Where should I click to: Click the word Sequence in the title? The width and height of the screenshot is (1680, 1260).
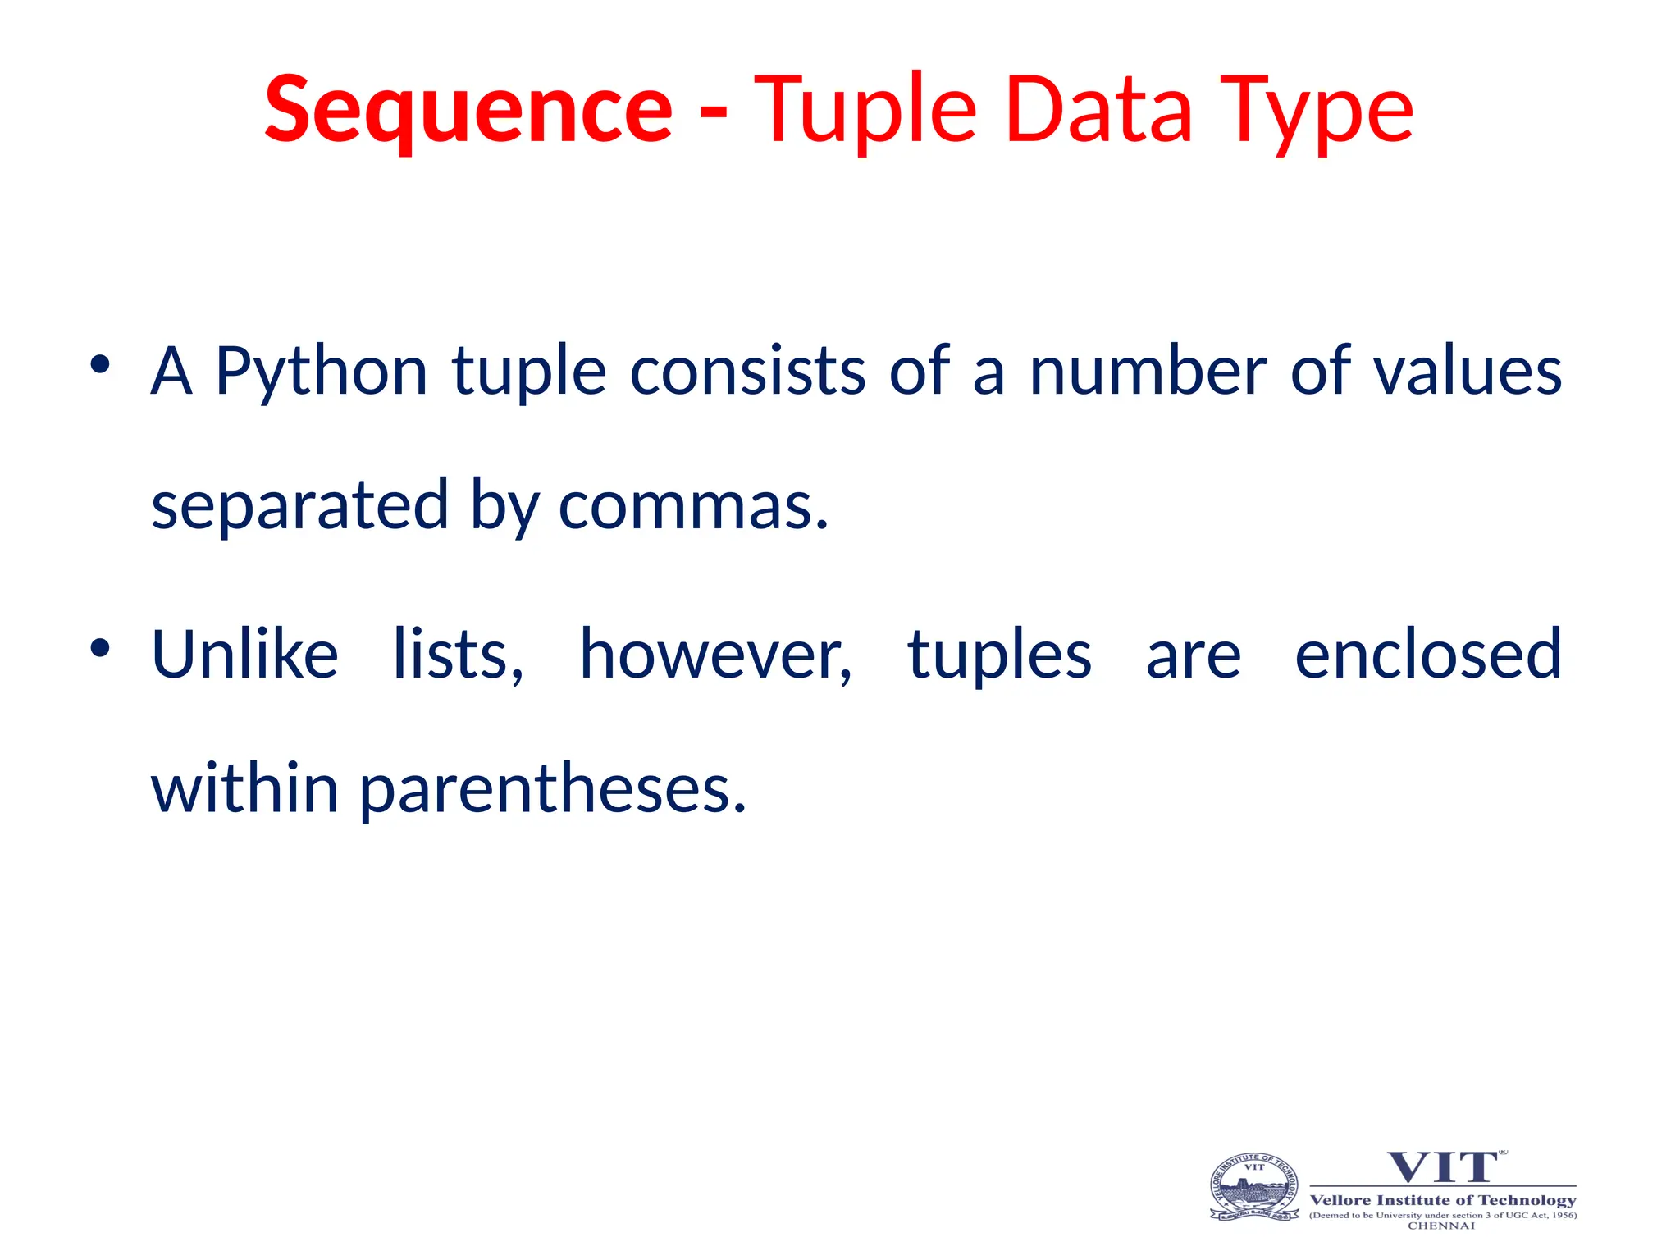(468, 111)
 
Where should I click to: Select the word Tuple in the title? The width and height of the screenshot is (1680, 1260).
(865, 111)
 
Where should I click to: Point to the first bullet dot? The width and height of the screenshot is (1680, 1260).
(100, 364)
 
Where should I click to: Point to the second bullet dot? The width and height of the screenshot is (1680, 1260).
(100, 648)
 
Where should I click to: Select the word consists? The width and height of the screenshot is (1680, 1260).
(747, 372)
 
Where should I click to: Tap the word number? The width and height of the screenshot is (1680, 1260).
(1148, 372)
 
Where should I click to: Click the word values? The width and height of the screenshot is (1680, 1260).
(1468, 372)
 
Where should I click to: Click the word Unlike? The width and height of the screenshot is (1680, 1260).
(244, 655)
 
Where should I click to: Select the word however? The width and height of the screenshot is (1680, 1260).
(715, 655)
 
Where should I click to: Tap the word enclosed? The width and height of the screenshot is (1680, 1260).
(1428, 655)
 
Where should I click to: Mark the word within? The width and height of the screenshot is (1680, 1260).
(244, 787)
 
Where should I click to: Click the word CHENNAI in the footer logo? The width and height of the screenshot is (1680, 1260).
(1441, 1226)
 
